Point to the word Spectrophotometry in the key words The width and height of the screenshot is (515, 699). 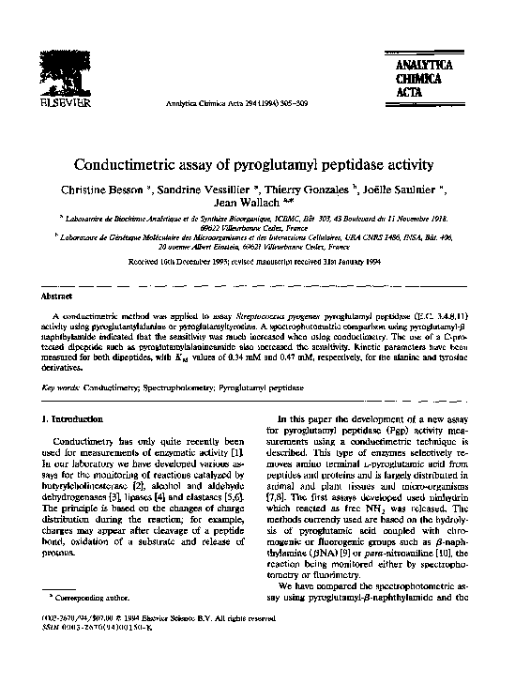coord(174,386)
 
